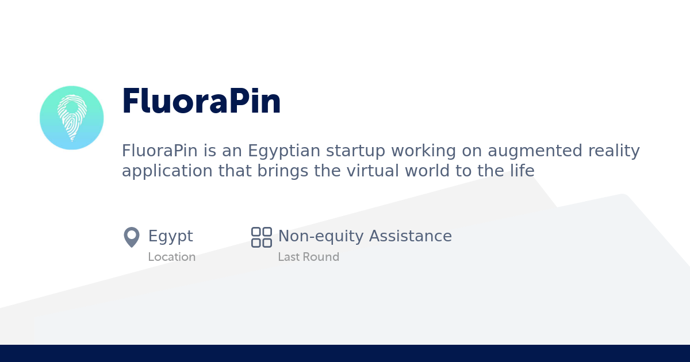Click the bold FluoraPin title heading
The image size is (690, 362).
click(x=201, y=102)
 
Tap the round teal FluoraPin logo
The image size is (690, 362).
click(x=72, y=118)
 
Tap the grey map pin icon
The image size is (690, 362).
click(x=132, y=237)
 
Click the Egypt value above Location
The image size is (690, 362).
click(x=170, y=237)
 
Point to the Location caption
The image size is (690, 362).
click(x=171, y=257)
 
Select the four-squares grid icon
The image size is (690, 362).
click(x=262, y=237)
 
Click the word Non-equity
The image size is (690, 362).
click(x=321, y=236)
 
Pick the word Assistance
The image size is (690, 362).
click(x=411, y=236)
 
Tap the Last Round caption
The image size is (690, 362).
click(x=308, y=257)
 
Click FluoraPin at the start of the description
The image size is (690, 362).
click(x=154, y=151)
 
